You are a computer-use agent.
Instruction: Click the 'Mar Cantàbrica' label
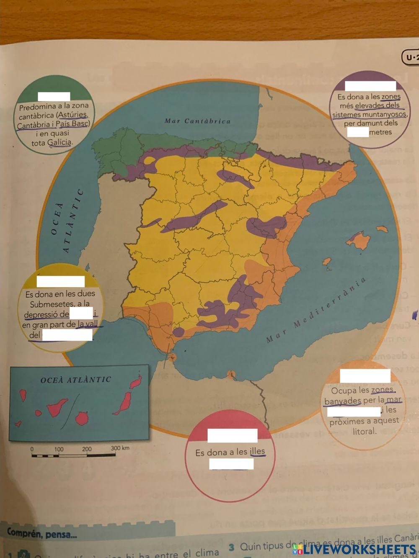(x=197, y=121)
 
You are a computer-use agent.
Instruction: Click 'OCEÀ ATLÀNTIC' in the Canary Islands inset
(x=76, y=380)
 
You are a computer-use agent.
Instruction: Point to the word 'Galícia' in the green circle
(x=59, y=142)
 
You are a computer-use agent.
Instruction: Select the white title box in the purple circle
(x=370, y=86)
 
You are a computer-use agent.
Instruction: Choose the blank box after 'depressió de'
(x=81, y=313)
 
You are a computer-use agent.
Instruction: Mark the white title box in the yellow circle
(x=60, y=282)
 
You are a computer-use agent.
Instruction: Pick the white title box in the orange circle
(x=365, y=375)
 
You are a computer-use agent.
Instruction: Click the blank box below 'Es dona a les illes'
(x=231, y=464)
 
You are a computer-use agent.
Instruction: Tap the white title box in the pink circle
(x=233, y=435)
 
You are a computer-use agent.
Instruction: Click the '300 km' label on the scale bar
(x=120, y=448)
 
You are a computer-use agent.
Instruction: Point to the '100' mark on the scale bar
(x=59, y=449)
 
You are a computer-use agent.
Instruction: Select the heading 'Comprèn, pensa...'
(x=42, y=534)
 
